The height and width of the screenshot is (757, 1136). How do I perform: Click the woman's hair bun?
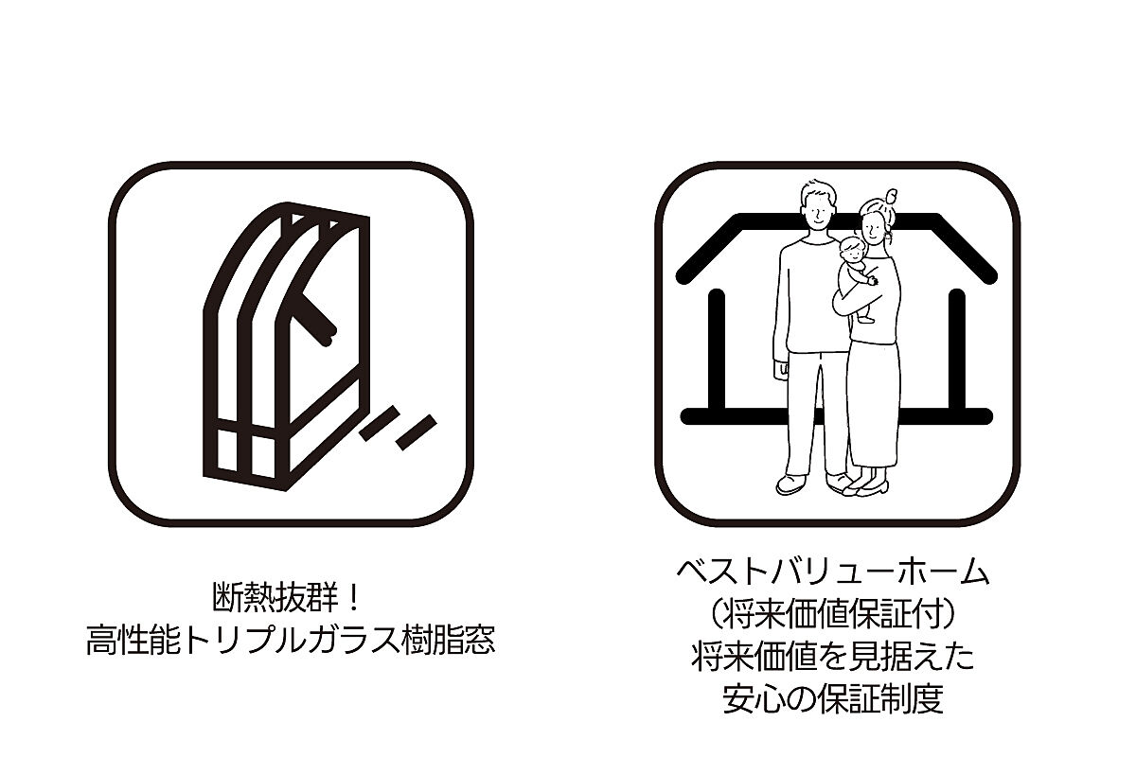click(x=890, y=195)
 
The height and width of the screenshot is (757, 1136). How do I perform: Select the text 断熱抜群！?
click(x=287, y=597)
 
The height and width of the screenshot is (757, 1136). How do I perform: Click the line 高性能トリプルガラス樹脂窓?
click(x=291, y=640)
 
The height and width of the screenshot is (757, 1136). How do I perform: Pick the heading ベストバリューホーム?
click(x=833, y=572)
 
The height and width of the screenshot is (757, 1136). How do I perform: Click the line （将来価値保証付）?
click(x=833, y=614)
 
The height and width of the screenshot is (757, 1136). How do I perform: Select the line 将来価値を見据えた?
click(x=833, y=657)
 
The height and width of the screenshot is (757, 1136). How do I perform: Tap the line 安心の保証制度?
click(x=833, y=698)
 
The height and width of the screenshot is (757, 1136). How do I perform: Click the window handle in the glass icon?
click(x=315, y=319)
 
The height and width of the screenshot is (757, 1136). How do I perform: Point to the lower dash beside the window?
click(x=417, y=432)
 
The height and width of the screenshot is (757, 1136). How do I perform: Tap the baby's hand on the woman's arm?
click(x=872, y=279)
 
